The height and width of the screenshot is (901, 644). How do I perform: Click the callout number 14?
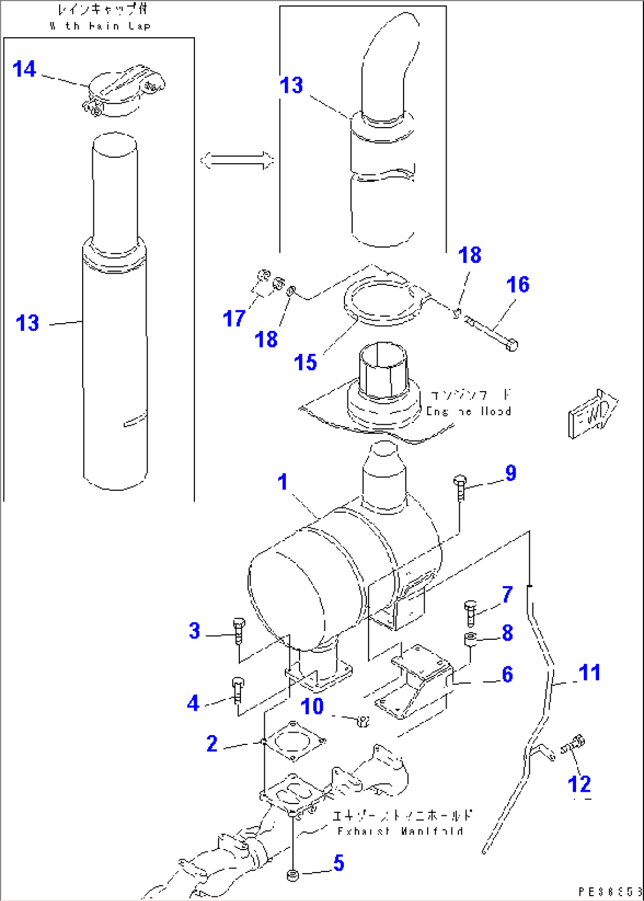pos(24,69)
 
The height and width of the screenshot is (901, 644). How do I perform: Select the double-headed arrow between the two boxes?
pos(237,160)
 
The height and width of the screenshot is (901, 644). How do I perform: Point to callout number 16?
pos(518,285)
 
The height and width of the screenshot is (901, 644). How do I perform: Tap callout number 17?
pos(233,319)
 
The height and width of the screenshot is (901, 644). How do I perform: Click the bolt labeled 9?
pos(460,488)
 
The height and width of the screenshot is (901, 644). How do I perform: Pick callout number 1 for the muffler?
pos(283,482)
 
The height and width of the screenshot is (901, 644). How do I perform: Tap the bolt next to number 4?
pos(238,690)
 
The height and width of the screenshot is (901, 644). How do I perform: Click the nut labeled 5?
pos(292,875)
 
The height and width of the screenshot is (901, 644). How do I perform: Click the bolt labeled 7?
pos(470,613)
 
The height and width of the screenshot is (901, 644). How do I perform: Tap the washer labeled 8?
pos(471,638)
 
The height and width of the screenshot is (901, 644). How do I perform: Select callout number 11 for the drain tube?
pos(589,673)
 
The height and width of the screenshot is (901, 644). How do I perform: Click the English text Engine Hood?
pos(469,411)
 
